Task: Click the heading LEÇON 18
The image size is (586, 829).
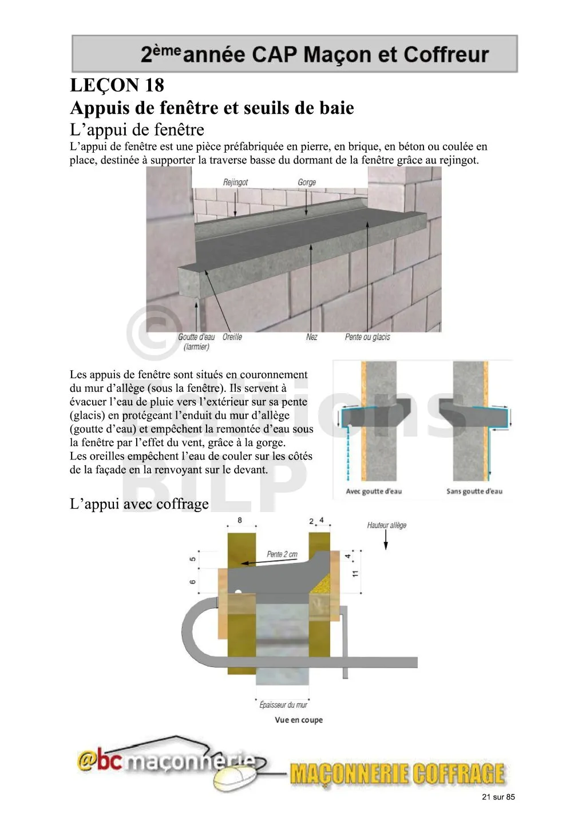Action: click(x=117, y=85)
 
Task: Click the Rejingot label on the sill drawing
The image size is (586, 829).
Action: click(x=235, y=183)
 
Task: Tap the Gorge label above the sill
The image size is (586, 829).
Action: click(x=307, y=183)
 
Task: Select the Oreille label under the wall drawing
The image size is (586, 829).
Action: click(x=232, y=337)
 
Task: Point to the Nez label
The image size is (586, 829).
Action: click(x=312, y=337)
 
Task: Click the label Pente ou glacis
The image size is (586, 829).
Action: click(x=367, y=337)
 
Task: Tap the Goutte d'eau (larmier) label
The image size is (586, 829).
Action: click(x=196, y=342)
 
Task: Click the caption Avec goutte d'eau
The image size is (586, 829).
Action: click(x=374, y=491)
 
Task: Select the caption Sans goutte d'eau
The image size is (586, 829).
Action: click(x=474, y=491)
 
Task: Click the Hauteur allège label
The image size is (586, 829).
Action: click(x=387, y=525)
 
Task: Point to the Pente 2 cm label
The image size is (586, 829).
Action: click(x=282, y=554)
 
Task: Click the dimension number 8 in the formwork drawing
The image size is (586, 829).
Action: click(x=240, y=520)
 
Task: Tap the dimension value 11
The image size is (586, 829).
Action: click(x=355, y=573)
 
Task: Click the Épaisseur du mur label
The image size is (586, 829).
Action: click(x=283, y=705)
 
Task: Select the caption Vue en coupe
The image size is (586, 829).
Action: click(x=299, y=720)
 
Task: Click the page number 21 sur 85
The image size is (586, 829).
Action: click(x=498, y=797)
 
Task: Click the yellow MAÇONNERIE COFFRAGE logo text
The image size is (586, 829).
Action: click(x=397, y=774)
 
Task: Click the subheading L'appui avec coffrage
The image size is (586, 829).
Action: click(x=139, y=504)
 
